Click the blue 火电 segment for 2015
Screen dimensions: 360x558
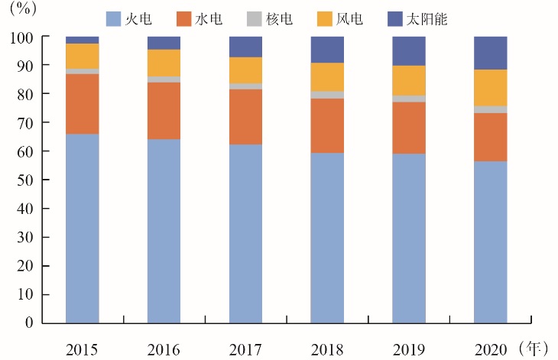[x=83, y=228]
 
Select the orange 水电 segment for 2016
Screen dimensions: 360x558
[x=164, y=111]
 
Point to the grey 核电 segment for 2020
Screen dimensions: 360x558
[x=491, y=109]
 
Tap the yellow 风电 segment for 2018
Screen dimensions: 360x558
[x=327, y=76]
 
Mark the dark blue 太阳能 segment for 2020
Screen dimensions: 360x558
[x=491, y=53]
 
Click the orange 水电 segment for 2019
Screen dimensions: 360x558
[x=409, y=128]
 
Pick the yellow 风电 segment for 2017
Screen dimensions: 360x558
[x=245, y=70]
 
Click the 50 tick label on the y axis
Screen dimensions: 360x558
[x=25, y=180]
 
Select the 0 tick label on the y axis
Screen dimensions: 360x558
[x=28, y=323]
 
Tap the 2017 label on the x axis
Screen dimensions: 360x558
[x=245, y=350]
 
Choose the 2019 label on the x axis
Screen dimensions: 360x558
[x=409, y=350]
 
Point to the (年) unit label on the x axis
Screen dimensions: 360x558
[x=532, y=349]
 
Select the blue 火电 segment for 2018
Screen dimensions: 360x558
[x=327, y=237]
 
